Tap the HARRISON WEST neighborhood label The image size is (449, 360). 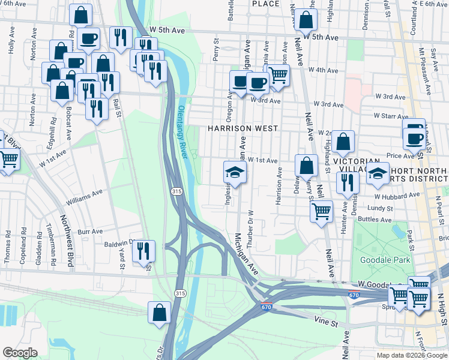pos(243,128)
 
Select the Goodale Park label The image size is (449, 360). pos(385,260)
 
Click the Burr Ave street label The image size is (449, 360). pos(91,231)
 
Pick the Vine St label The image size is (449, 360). pos(327,323)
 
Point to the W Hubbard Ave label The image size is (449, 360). pos(396,196)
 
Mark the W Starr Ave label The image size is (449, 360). pos(391,115)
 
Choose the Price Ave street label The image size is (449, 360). pos(400,155)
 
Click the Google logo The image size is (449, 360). pos(19,353)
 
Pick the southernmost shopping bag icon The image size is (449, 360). pos(160,312)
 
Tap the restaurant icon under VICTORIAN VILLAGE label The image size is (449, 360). pos(348,183)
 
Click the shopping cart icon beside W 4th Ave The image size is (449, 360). pos(279,75)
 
